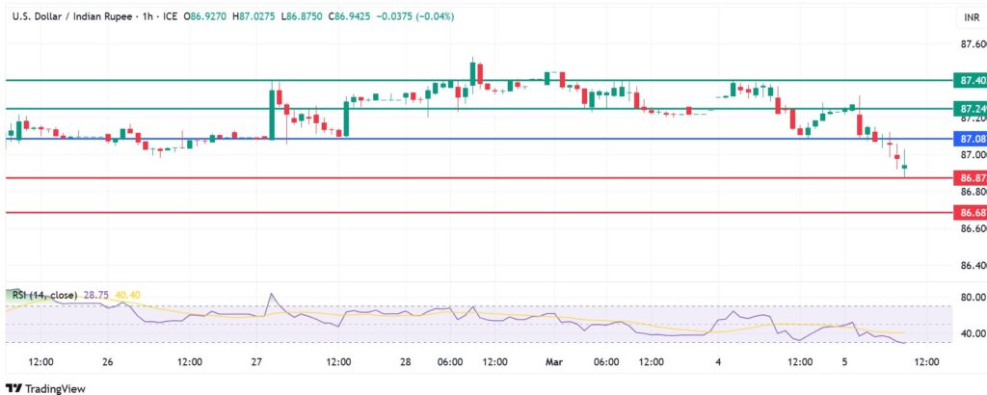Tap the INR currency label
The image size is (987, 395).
coord(971,17)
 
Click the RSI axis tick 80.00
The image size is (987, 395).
coord(972,297)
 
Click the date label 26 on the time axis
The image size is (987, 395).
coord(107,362)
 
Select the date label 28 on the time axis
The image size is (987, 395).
coord(406,362)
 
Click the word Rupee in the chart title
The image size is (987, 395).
coord(103,16)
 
